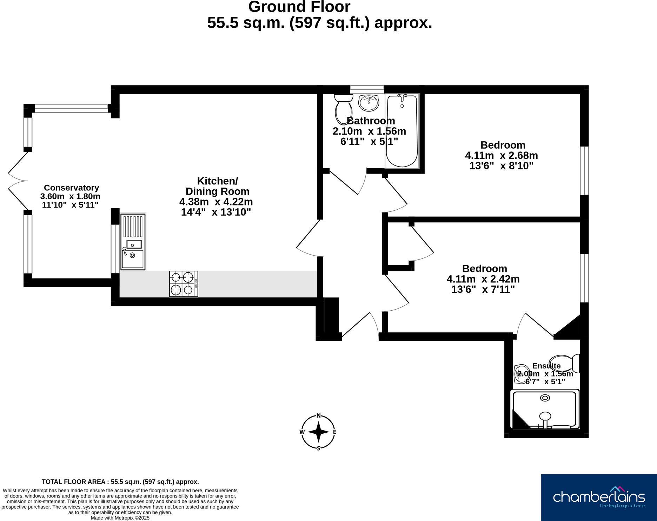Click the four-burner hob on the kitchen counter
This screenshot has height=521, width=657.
pos(184,284)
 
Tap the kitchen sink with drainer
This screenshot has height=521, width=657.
pos(133,242)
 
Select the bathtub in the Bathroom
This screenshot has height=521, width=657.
pos(402,130)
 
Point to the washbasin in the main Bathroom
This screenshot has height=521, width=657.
pos(369,103)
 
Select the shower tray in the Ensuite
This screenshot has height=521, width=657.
pos(545,409)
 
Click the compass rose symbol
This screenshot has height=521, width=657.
pos(318,432)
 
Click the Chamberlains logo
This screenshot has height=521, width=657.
pos(599,497)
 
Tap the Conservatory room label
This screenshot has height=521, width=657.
pos(71,188)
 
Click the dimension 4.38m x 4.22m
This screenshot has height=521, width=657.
pos(216,202)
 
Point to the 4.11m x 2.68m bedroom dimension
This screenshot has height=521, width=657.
pos(501,155)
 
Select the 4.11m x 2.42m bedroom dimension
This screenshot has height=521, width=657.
pos(483,279)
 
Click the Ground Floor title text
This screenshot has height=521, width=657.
pos(299,7)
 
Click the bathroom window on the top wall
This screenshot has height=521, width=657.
pos(367,89)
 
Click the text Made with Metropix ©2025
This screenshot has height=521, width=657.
pos(120,517)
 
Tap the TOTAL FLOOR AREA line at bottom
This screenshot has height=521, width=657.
pos(120,482)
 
